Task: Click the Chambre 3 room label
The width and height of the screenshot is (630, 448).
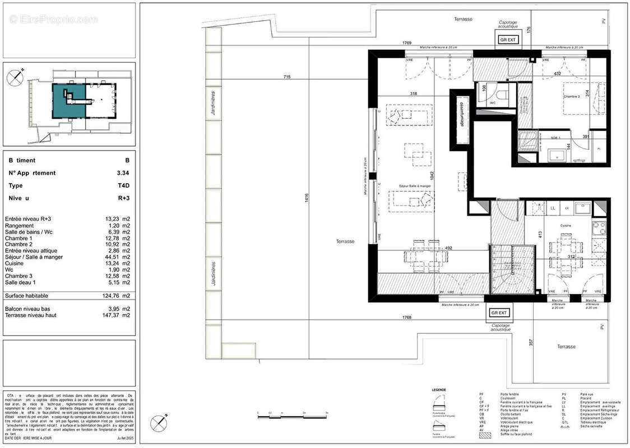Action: (x=574, y=96)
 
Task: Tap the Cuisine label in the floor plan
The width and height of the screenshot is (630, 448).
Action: (x=565, y=226)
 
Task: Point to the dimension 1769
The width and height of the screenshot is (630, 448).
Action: (x=407, y=43)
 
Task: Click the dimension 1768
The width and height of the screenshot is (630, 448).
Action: (x=407, y=318)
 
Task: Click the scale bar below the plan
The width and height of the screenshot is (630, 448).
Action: (x=291, y=416)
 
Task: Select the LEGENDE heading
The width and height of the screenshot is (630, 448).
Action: (x=439, y=389)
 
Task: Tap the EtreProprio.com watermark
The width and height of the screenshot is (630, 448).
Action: (x=54, y=20)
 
